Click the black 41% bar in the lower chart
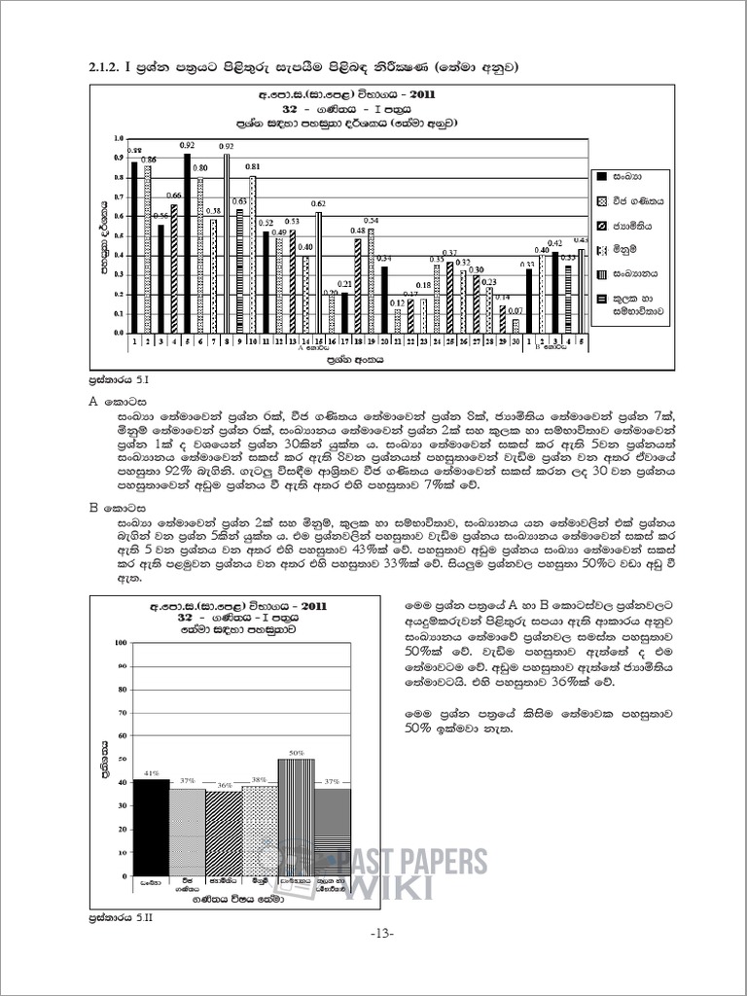[151, 827]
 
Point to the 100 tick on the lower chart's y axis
[122, 643]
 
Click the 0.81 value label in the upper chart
[252, 167]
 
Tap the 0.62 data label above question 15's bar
[318, 203]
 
